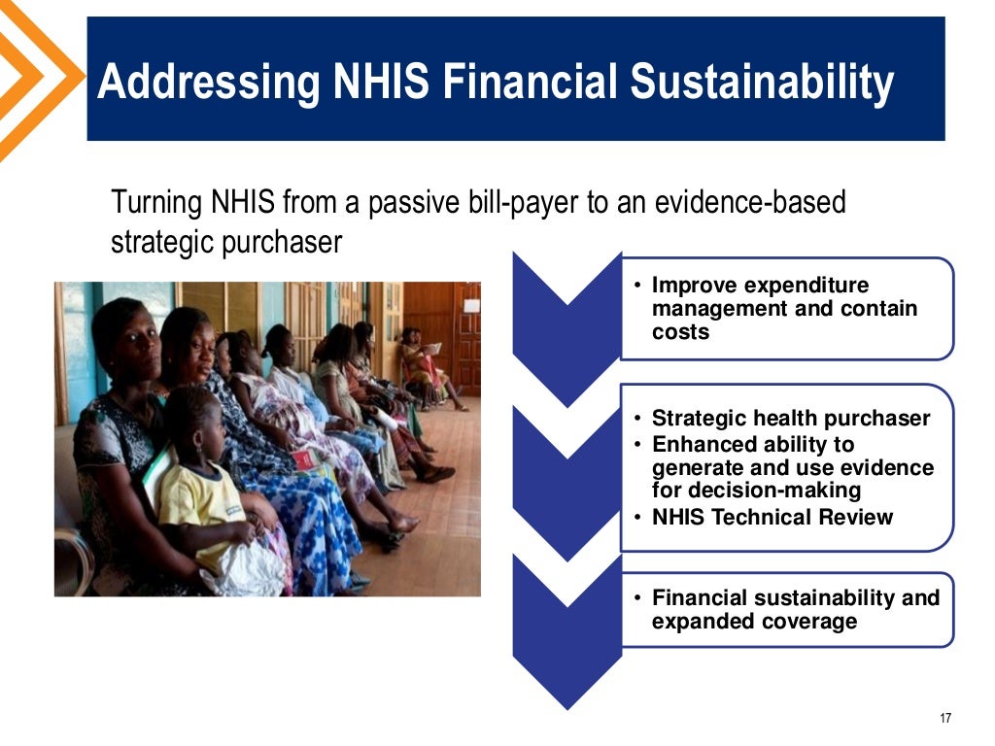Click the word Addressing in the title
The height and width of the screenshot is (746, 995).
pos(209,83)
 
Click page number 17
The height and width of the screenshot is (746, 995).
pos(945,718)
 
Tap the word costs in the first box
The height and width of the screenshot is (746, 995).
pos(680,332)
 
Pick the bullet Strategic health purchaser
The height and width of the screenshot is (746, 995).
pos(790,419)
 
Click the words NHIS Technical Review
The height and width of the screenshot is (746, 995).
pos(772,517)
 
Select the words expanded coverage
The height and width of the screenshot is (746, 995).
pos(754,622)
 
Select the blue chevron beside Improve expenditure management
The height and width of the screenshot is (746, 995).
pos(566,311)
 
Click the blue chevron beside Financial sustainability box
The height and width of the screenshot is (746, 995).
pos(566,622)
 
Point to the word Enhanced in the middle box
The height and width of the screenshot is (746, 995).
pos(704,445)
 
